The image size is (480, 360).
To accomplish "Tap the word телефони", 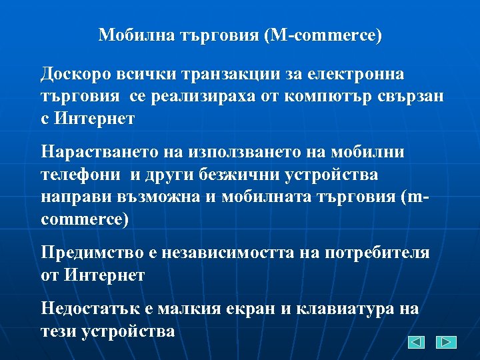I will coord(81,175).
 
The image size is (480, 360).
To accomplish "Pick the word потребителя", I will coord(377,253).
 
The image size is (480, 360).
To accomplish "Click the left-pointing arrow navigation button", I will coord(417,342).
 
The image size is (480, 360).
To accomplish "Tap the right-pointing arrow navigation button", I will coord(446,342).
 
